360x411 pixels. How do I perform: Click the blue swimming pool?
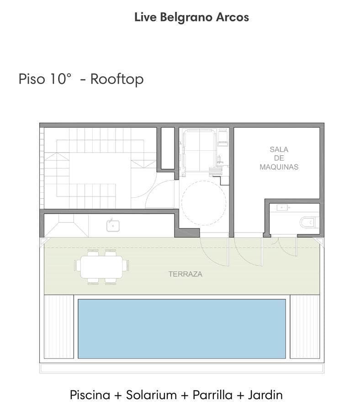pyautogui.click(x=182, y=329)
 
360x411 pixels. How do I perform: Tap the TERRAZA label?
pyautogui.click(x=185, y=274)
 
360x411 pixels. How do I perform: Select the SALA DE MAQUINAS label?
pyautogui.click(x=279, y=158)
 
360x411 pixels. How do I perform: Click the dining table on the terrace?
pyautogui.click(x=101, y=267)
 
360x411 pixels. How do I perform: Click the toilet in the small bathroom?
pyautogui.click(x=309, y=222)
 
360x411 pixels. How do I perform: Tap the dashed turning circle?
pyautogui.click(x=204, y=203)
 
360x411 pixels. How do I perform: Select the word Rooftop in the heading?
pyautogui.click(x=117, y=79)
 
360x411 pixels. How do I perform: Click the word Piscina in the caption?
pyautogui.click(x=90, y=395)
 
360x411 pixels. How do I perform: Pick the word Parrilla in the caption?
pyautogui.click(x=212, y=395)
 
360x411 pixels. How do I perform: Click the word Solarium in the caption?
pyautogui.click(x=151, y=395)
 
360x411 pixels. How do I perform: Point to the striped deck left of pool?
pyautogui.click(x=59, y=327)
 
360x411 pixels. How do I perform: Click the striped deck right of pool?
pyautogui.click(x=305, y=327)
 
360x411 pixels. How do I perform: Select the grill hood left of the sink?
pyautogui.click(x=66, y=226)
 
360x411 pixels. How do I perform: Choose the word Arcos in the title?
pyautogui.click(x=232, y=17)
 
